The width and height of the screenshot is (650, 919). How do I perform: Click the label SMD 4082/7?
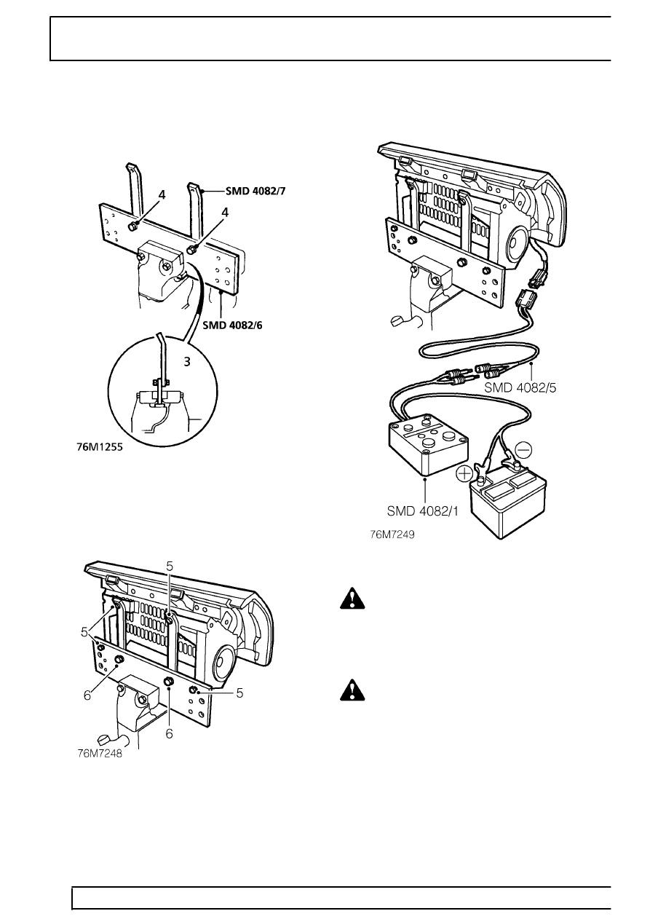coord(255,191)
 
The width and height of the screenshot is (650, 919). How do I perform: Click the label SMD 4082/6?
coord(232,326)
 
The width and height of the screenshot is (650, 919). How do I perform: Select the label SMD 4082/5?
coord(520,387)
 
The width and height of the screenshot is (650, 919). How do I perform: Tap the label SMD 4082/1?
coord(423,511)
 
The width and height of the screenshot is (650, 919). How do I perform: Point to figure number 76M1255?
coord(100,447)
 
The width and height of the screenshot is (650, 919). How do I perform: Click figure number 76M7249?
coord(392,535)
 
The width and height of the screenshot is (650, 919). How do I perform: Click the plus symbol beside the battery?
coord(464,474)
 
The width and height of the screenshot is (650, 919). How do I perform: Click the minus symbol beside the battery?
coord(523,450)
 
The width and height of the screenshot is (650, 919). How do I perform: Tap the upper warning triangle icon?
coord(352,599)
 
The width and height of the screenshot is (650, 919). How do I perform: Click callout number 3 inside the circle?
coord(187,362)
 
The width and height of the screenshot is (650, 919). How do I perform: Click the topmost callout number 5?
coord(170,566)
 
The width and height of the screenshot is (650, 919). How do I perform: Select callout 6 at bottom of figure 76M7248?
coord(170,733)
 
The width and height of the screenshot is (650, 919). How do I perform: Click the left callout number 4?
coord(162,195)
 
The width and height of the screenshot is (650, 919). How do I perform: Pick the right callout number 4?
coord(225,213)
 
